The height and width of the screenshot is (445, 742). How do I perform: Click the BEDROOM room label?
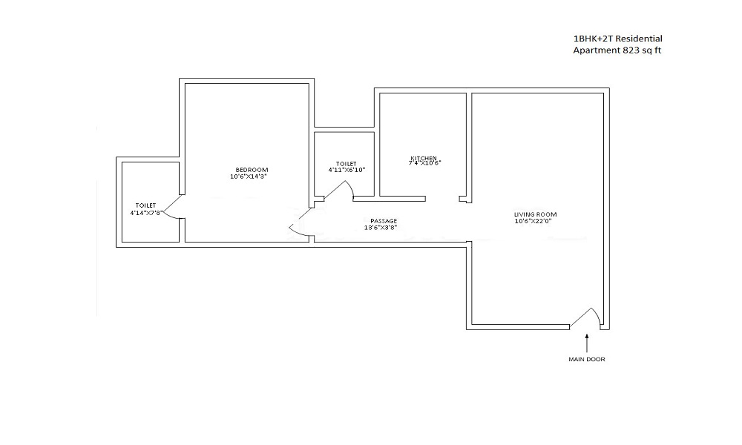pos(246,170)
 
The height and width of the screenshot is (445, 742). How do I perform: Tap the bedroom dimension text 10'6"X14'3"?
pos(246,177)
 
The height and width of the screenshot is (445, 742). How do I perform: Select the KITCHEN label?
pos(424,158)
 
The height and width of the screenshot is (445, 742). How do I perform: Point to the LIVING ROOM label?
pos(533,214)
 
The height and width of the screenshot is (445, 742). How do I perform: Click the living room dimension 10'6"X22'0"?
pos(533,220)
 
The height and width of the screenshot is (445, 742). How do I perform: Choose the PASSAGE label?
pos(384,220)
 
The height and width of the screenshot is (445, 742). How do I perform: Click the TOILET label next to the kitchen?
pos(346,164)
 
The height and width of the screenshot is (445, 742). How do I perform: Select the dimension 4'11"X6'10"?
pos(346,170)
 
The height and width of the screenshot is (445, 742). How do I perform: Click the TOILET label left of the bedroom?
pos(145,205)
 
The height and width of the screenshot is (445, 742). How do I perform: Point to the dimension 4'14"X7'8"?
pos(145,213)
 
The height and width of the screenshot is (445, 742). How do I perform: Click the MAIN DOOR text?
pos(587,360)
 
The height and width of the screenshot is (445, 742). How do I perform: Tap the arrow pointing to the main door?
pos(587,343)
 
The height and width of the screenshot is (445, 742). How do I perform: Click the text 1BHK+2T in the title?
pos(593,39)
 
